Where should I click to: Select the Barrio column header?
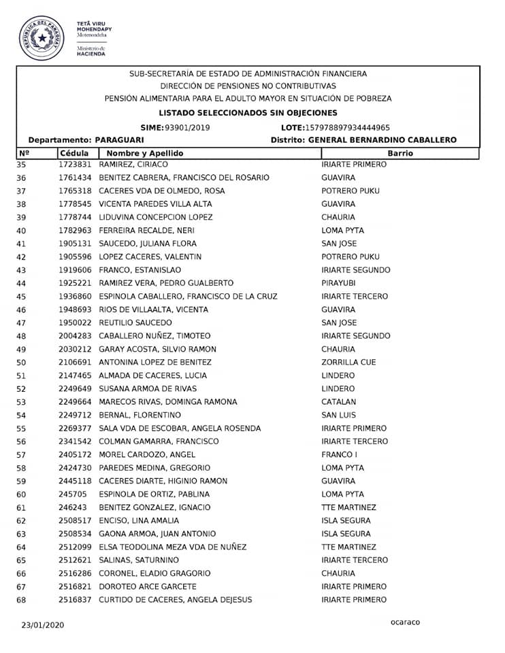[x=400, y=153]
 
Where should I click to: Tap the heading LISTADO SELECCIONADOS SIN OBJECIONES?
[x=248, y=113]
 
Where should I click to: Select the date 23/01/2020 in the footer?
[x=43, y=624]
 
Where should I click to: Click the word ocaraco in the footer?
[x=406, y=622]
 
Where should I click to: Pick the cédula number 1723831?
[x=75, y=165]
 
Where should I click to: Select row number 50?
[x=20, y=362]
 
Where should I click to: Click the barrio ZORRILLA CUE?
[x=348, y=362]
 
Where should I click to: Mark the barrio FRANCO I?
[x=340, y=454]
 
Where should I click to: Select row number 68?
[x=20, y=600]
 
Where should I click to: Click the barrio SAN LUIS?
[x=339, y=415]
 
